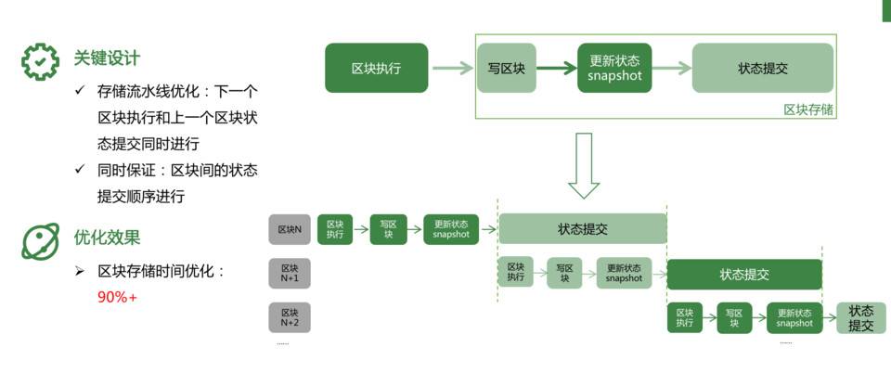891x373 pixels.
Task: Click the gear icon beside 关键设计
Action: [x=40, y=60]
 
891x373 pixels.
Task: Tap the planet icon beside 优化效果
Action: [x=40, y=239]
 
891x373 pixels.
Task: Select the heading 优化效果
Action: [x=107, y=238]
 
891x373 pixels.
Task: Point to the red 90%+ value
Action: [x=117, y=298]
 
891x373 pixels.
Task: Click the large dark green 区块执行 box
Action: [x=376, y=68]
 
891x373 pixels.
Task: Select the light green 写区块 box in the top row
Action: [x=507, y=68]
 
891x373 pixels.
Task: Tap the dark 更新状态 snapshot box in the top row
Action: [x=614, y=68]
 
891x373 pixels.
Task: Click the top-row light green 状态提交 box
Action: [x=763, y=68]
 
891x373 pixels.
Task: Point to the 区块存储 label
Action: [x=807, y=109]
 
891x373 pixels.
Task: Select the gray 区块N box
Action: [x=290, y=229]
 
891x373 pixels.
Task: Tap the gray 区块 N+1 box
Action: [x=290, y=273]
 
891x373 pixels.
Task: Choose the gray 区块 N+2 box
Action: [x=290, y=317]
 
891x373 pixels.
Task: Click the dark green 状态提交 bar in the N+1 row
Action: [x=744, y=275]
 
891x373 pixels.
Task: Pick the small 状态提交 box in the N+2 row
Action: [x=860, y=318]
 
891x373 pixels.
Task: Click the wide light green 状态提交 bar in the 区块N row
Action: [x=583, y=229]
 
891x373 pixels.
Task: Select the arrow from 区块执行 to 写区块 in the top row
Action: [x=453, y=68]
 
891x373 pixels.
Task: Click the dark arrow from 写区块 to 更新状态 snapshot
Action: [x=557, y=68]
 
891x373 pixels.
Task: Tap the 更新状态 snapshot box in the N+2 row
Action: [x=794, y=318]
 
